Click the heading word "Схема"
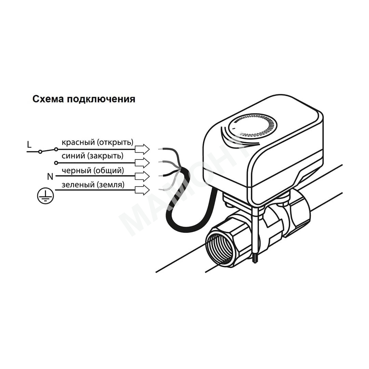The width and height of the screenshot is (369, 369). coord(48,99)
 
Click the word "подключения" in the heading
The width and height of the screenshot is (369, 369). coord(101,99)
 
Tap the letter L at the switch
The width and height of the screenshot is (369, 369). coord(29,144)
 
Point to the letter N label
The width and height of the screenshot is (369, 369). coord(50,176)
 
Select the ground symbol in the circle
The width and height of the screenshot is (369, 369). coord(45,196)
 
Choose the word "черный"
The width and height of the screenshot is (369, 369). coord(77,170)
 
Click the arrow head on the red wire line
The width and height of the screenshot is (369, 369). coord(142,149)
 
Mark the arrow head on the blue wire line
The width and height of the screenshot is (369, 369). coord(142,163)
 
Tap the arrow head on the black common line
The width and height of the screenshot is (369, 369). coord(142,176)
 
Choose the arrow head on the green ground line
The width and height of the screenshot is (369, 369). coord(142,190)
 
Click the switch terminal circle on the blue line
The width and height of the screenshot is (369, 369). coord(56,163)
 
